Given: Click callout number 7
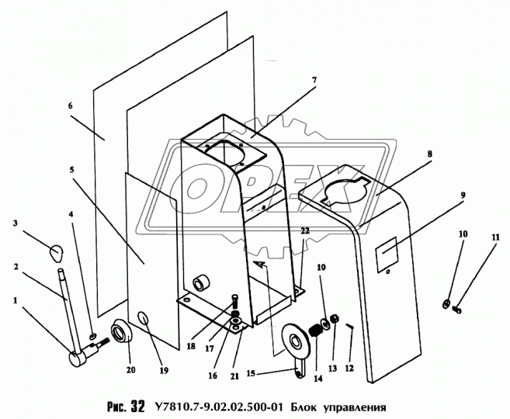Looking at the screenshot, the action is pyautogui.click(x=314, y=80).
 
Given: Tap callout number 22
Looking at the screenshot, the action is pyautogui.click(x=305, y=230).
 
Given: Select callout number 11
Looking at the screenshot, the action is pyautogui.click(x=495, y=237).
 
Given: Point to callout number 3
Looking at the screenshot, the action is pyautogui.click(x=15, y=223).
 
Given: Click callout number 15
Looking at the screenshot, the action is pyautogui.click(x=251, y=373).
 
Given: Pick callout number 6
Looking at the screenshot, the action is pyautogui.click(x=71, y=106).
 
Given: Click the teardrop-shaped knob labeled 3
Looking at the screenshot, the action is pyautogui.click(x=56, y=253).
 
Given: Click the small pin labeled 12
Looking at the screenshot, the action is pyautogui.click(x=349, y=327).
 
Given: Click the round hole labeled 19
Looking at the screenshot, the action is pyautogui.click(x=143, y=317).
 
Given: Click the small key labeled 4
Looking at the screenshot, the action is pyautogui.click(x=93, y=334).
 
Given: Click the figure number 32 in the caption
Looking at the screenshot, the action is pyautogui.click(x=137, y=407).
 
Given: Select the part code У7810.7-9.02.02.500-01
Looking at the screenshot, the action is pyautogui.click(x=219, y=407).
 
